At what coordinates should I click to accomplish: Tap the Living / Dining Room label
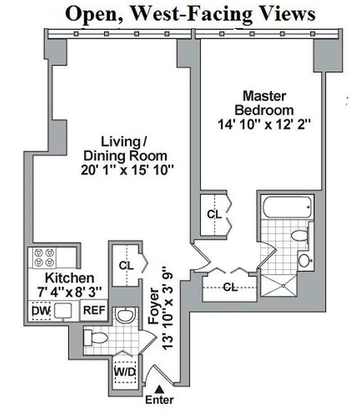pyautogui.click(x=134, y=155)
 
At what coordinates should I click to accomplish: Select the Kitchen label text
pyautogui.click(x=69, y=285)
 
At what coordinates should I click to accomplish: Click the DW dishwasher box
pyautogui.click(x=41, y=311)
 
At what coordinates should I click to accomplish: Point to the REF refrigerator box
pyautogui.click(x=95, y=311)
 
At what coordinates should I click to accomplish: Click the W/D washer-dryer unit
pyautogui.click(x=125, y=371)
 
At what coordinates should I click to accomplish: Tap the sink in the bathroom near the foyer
pyautogui.click(x=125, y=315)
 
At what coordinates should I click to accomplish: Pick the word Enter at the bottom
pyautogui.click(x=159, y=400)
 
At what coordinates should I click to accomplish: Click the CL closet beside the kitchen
pyautogui.click(x=126, y=265)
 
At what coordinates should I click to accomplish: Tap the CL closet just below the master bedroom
pyautogui.click(x=214, y=214)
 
